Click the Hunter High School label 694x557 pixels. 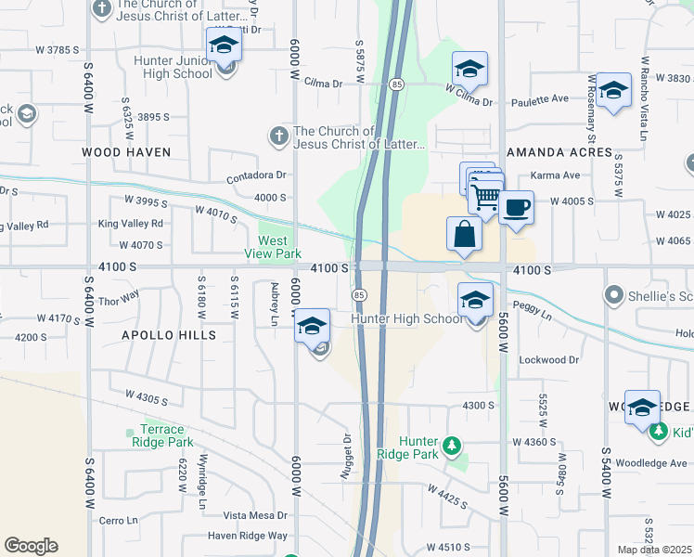(406, 319)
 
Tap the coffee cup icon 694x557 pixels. (516, 206)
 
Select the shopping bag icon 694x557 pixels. (464, 234)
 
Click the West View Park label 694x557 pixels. (274, 247)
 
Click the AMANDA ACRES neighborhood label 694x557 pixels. (559, 152)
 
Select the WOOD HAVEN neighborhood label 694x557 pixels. (126, 151)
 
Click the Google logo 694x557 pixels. (31, 546)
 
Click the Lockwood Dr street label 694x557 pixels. (549, 359)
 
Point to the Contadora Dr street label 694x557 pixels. (259, 175)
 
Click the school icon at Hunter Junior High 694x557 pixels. (223, 45)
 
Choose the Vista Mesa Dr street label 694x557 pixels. (256, 515)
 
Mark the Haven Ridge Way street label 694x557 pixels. (248, 536)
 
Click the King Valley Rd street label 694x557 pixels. (130, 223)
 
